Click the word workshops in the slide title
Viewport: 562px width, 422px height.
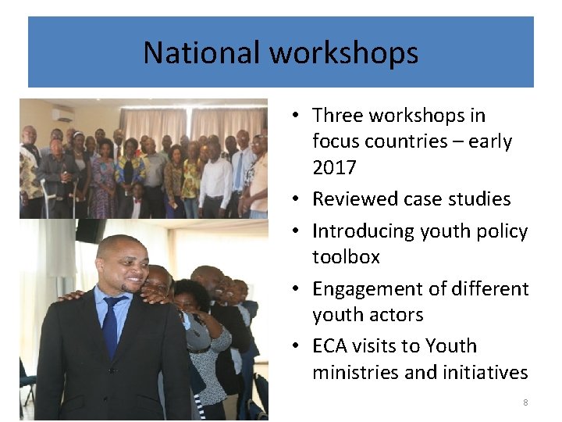pyautogui.click(x=344, y=53)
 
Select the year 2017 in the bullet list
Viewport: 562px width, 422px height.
pyautogui.click(x=334, y=168)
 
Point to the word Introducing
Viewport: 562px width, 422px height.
pyautogui.click(x=363, y=231)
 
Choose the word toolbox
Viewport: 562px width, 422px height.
pyautogui.click(x=346, y=257)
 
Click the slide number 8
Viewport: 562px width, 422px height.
pyautogui.click(x=525, y=402)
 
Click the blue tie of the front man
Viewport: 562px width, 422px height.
pyautogui.click(x=111, y=324)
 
